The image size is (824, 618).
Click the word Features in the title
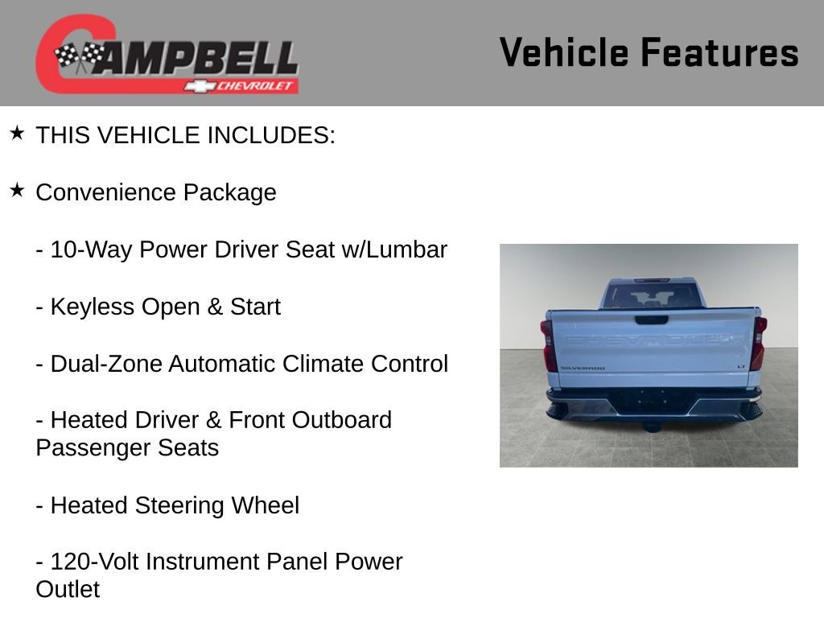719,52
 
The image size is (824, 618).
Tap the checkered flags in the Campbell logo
80,56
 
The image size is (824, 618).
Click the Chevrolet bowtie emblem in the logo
198,86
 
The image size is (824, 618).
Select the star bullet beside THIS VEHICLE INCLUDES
17,133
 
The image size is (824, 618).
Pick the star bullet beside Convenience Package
17,190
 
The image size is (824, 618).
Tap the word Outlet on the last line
68,590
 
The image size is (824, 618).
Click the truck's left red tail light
548,344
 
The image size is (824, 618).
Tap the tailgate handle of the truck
651,319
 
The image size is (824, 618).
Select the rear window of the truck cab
651,295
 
